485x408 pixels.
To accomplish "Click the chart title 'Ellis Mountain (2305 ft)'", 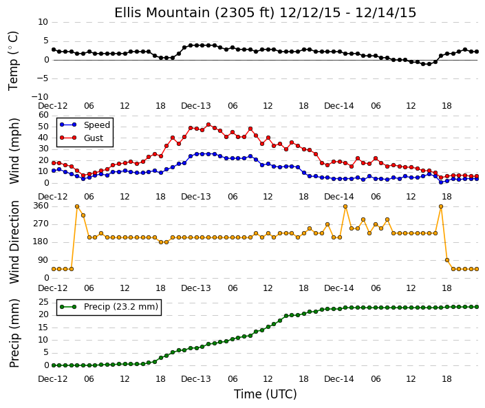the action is pyautogui.click(x=195, y=13).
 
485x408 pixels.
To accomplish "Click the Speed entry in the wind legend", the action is pyautogui.click(x=85, y=125).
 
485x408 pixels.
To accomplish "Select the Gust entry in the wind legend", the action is pyautogui.click(x=81, y=138).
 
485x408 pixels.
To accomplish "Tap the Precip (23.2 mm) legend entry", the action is pyautogui.click(x=109, y=307).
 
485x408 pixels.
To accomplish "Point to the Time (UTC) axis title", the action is pyautogui.click(x=265, y=394).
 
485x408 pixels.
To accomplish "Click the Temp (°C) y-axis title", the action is pyautogui.click(x=13, y=61).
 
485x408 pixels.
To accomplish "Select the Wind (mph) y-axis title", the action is pyautogui.click(x=14, y=151).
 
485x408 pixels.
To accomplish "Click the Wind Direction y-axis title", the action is pyautogui.click(x=14, y=242).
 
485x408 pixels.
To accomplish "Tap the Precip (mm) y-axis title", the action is pyautogui.click(x=14, y=333).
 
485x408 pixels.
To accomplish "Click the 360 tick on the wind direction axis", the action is pyautogui.click(x=41, y=206).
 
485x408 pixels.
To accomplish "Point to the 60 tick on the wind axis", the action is pyautogui.click(x=43, y=115).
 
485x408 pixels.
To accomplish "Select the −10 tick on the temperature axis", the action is pyautogui.click(x=40, y=97).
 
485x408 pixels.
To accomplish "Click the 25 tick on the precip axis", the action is pyautogui.click(x=43, y=302).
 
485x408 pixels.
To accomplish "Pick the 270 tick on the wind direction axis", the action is pyautogui.click(x=41, y=224).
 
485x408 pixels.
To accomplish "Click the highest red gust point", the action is pyautogui.click(x=208, y=125).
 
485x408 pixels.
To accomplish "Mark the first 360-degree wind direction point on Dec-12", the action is pyautogui.click(x=77, y=206).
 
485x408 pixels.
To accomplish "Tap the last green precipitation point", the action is pyautogui.click(x=477, y=307).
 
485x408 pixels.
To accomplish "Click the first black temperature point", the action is pyautogui.click(x=54, y=50).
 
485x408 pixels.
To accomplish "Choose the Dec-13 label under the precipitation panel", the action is pyautogui.click(x=196, y=379).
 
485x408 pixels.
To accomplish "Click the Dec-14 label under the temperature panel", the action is pyautogui.click(x=339, y=106).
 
